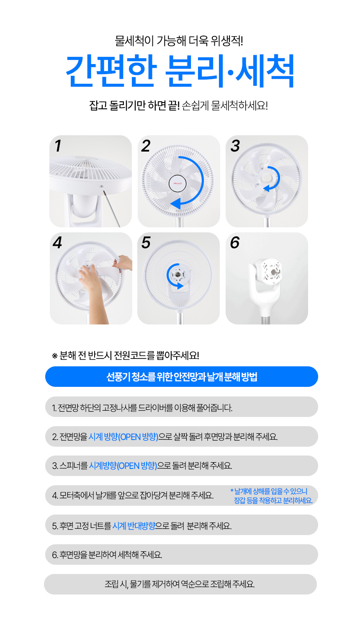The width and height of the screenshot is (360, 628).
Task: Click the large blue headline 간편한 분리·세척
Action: click(180, 71)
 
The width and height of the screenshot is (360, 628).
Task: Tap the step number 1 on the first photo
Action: click(58, 146)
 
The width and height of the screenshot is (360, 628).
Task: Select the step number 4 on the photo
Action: click(57, 242)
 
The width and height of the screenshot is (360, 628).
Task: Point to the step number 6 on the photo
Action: click(235, 242)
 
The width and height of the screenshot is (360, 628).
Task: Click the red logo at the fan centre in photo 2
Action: click(177, 184)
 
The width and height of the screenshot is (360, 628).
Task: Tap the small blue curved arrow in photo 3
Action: click(273, 179)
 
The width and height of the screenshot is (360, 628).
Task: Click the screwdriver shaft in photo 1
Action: click(112, 208)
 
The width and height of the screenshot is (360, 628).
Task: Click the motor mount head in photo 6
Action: click(267, 271)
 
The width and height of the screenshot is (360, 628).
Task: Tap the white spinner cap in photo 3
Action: click(265, 178)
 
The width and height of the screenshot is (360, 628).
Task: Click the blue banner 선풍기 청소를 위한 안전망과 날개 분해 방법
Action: click(182, 376)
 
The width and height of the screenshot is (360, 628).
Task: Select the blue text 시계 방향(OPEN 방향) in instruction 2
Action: click(123, 437)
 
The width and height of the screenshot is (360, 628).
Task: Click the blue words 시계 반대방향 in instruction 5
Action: click(134, 526)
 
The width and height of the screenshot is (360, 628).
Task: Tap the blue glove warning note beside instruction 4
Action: click(271, 496)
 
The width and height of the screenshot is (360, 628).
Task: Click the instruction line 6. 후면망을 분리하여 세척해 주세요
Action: click(107, 555)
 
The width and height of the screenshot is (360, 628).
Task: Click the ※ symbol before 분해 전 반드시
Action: click(55, 356)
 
